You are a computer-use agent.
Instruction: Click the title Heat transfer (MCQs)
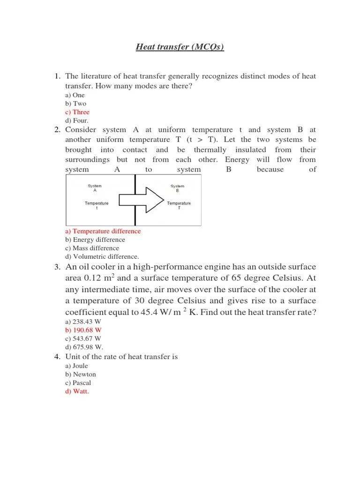coord(180,47)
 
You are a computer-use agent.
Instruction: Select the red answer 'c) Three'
coord(77,112)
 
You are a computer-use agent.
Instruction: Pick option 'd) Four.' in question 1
coord(77,120)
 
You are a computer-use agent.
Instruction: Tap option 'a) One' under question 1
coord(75,95)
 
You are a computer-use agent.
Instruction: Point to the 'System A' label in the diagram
coord(95,188)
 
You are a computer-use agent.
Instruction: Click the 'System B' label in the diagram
coord(177,188)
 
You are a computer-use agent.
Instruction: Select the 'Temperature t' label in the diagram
coord(97,205)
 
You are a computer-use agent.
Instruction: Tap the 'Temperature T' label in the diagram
coord(179,205)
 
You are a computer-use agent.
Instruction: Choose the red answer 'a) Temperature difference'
coord(103,231)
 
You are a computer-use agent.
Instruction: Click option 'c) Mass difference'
coord(92,248)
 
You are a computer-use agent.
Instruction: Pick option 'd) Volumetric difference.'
coord(102,256)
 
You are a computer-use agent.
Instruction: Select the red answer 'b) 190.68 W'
coord(83,330)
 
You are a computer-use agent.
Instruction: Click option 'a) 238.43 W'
coord(83,322)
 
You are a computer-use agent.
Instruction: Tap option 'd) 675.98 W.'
coord(84,347)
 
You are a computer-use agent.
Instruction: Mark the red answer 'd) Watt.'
coord(77,391)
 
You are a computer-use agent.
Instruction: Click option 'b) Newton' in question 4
coord(81,375)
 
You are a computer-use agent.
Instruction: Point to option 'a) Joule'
coord(77,366)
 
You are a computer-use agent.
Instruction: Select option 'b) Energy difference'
coord(96,240)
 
